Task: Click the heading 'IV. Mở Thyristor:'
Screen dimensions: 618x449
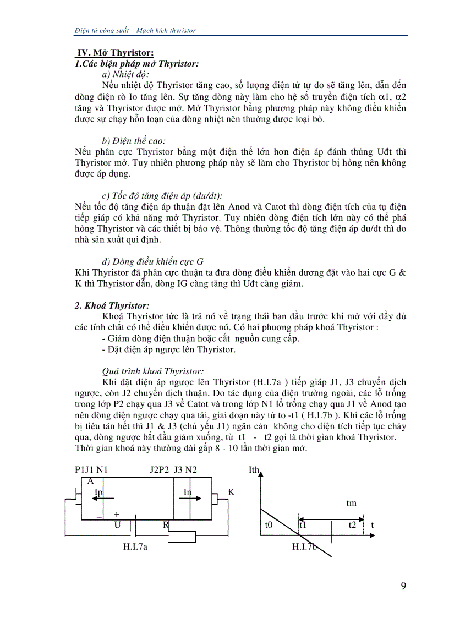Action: coord(114,53)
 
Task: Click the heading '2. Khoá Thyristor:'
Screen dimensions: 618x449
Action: coord(112,305)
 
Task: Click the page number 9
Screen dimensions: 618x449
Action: coord(403,585)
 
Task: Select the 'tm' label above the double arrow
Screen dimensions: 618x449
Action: coord(351,503)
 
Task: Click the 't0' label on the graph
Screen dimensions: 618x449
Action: coord(269,525)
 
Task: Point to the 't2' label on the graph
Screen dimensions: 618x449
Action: coord(352,525)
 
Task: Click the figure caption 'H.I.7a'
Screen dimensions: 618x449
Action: coord(136,546)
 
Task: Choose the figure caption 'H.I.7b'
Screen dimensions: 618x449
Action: coord(305,546)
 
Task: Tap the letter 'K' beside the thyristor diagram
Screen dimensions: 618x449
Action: coord(231,492)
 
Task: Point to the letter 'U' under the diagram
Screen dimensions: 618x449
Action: coord(117,525)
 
